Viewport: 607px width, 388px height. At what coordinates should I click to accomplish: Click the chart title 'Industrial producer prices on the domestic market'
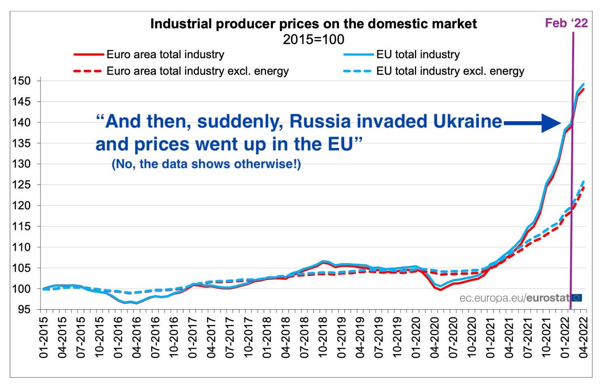(313, 24)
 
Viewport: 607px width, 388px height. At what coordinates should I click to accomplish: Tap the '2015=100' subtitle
(313, 40)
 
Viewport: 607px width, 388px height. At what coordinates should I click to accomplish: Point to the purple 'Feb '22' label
(566, 23)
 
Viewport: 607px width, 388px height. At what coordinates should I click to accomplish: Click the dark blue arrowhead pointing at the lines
(552, 123)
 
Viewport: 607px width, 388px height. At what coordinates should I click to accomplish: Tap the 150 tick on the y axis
(21, 81)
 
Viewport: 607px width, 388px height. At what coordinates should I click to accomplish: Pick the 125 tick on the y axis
(21, 185)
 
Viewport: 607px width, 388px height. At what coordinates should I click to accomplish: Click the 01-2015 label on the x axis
(44, 337)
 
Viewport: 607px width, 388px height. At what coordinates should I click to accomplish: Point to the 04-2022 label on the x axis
(583, 337)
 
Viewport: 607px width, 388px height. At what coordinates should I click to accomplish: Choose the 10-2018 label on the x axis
(323, 337)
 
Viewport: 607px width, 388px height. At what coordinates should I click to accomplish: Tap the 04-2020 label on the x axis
(434, 337)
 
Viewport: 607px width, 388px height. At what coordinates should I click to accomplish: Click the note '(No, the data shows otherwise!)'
(206, 164)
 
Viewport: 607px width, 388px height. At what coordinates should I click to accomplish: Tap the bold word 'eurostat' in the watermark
(548, 298)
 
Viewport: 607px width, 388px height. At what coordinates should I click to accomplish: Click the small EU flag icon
(577, 298)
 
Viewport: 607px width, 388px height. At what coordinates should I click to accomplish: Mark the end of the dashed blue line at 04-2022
(584, 181)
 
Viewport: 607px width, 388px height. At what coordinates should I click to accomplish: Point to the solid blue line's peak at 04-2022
(584, 84)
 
